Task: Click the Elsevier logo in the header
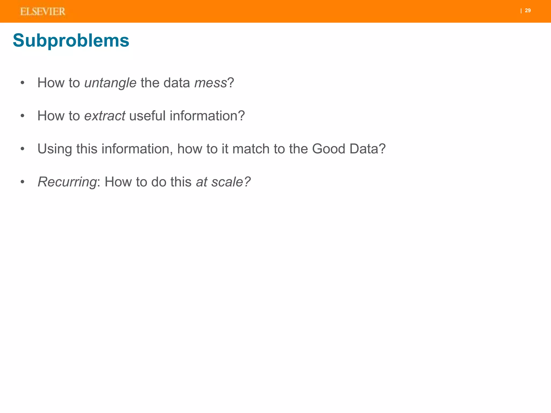tap(43, 12)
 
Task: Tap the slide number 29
tap(528, 10)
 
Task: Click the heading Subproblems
tap(71, 41)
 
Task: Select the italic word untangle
tap(110, 83)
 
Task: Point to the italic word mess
tap(211, 83)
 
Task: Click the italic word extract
tap(105, 116)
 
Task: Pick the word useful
tap(147, 116)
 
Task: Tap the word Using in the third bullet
tap(55, 149)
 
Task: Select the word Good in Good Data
tap(329, 149)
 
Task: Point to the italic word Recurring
tap(67, 182)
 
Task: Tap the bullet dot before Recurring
tap(23, 182)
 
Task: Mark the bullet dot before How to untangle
tap(23, 83)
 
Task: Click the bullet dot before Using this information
tap(23, 149)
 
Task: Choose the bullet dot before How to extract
tap(23, 116)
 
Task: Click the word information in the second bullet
tap(207, 116)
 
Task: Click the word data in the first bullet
tap(177, 83)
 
